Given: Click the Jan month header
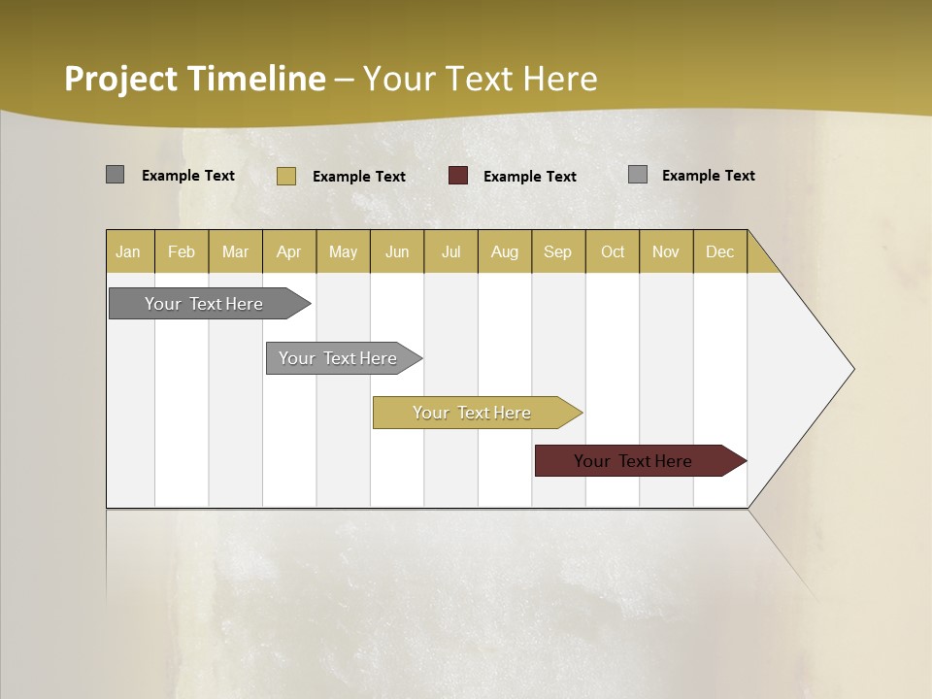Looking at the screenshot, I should click(129, 251).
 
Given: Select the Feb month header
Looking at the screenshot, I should click(182, 251).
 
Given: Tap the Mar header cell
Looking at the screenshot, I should click(235, 251).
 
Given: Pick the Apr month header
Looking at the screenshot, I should click(289, 251).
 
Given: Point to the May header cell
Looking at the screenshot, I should click(343, 251).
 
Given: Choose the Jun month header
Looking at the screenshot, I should click(397, 251).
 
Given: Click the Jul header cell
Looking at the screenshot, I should click(450, 251).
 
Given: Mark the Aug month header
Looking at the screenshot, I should click(505, 251).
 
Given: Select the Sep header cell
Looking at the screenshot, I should click(558, 251).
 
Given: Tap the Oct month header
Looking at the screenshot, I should click(613, 251).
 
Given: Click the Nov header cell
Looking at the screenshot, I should click(666, 251).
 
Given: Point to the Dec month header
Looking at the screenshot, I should click(720, 251).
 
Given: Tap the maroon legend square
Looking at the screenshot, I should click(458, 176).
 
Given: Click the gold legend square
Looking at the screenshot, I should click(286, 176).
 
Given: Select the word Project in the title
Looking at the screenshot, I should click(121, 79).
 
